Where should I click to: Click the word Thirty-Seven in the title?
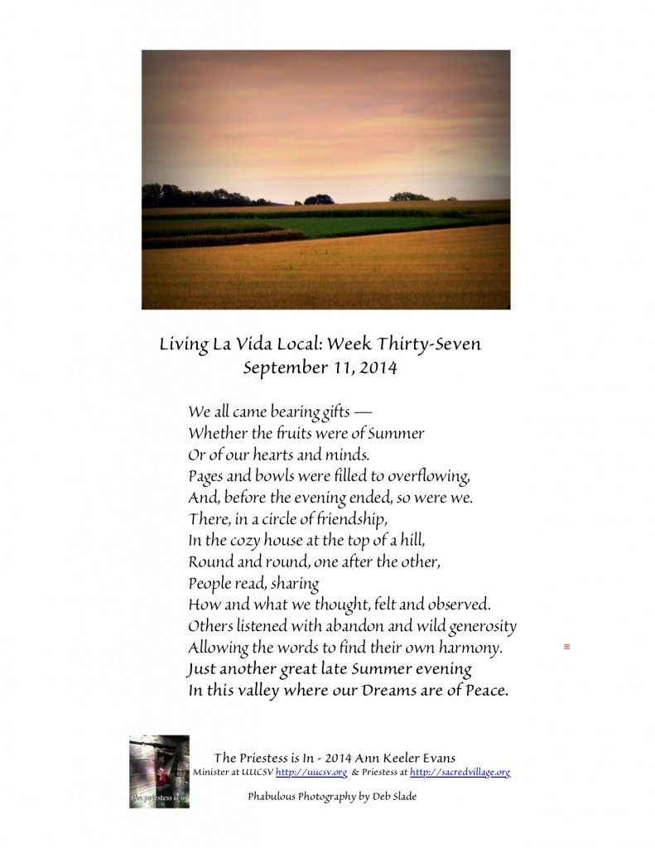(433, 344)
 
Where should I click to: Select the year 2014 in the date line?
(375, 368)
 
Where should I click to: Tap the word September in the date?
(280, 368)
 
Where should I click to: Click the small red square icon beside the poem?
(566, 645)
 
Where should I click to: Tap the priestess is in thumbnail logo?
(159, 771)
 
